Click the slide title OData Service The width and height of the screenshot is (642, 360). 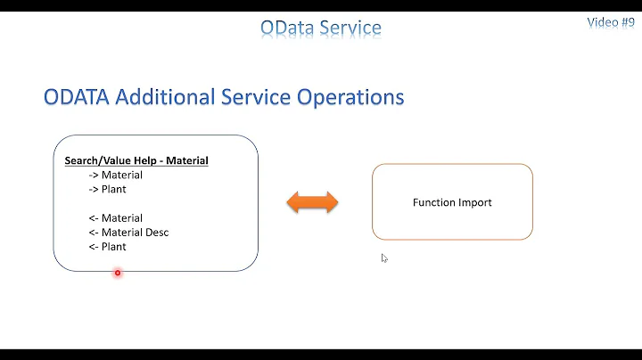point(321,28)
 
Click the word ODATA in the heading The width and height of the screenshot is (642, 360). point(78,97)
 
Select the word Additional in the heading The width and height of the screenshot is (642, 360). point(167,97)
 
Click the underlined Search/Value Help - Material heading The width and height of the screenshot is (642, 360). point(136,161)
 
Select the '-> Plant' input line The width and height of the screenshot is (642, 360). point(107,189)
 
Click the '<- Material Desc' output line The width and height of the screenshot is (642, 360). point(128,233)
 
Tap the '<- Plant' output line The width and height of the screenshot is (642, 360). point(107,247)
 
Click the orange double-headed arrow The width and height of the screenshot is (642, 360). point(312,202)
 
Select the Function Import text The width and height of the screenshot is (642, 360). point(452,202)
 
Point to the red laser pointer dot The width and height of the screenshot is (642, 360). point(117,273)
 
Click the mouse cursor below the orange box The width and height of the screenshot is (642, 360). point(384,258)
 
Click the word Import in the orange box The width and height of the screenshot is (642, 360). point(473,202)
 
